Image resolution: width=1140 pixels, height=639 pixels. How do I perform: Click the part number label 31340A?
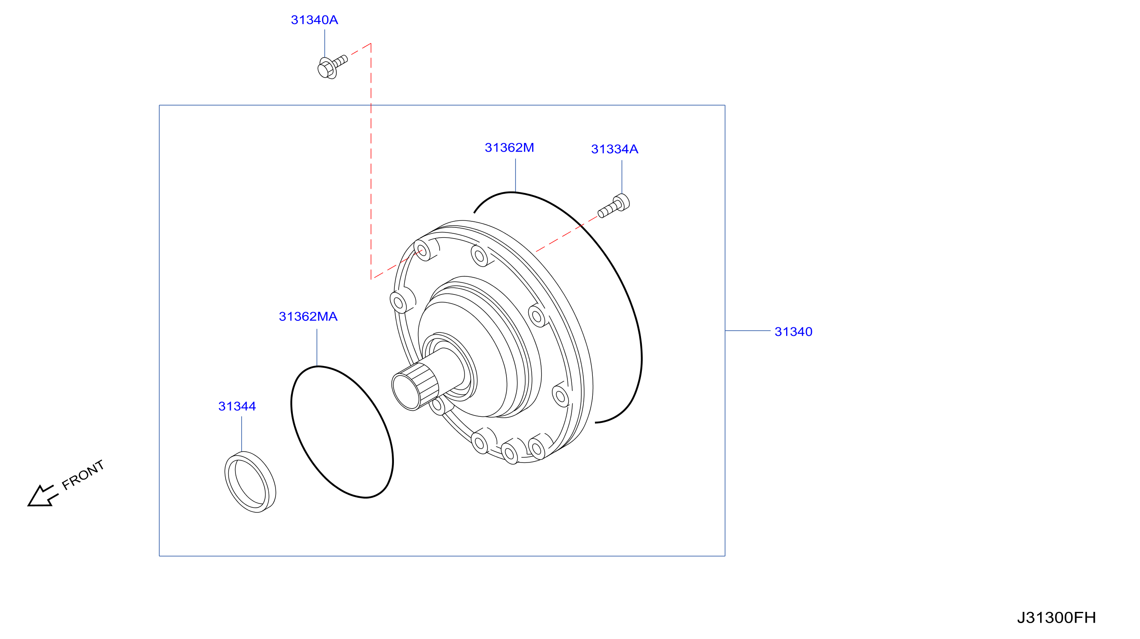(314, 20)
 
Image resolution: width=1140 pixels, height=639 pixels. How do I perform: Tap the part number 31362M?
(509, 147)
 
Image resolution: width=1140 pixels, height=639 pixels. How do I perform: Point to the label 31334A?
(615, 149)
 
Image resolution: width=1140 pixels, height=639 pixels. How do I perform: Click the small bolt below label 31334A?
(613, 206)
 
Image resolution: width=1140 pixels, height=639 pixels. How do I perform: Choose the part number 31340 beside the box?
(793, 332)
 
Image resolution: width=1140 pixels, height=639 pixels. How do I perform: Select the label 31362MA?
(308, 316)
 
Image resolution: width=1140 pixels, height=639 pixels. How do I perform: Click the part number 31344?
(237, 406)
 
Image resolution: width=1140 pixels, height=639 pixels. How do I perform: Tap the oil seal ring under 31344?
(250, 482)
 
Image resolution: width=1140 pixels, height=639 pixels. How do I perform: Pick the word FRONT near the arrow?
(83, 475)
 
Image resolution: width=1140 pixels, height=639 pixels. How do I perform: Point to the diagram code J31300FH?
(1056, 617)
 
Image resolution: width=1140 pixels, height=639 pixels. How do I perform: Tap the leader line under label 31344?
(242, 434)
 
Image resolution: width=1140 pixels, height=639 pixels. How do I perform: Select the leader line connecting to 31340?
(747, 331)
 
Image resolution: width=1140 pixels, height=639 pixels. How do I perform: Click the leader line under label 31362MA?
(317, 347)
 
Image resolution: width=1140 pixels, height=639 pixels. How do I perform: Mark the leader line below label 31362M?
(516, 175)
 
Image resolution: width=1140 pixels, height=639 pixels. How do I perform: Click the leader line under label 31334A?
(622, 177)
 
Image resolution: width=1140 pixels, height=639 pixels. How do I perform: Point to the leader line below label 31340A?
(325, 43)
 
